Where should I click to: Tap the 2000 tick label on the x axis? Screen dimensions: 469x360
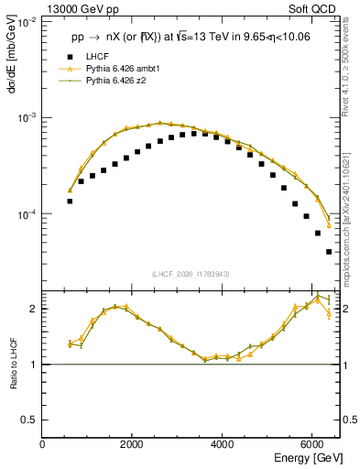tap(133, 444)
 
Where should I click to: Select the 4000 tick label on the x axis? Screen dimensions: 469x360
tap(223, 444)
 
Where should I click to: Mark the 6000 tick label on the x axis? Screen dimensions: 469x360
tap(312, 444)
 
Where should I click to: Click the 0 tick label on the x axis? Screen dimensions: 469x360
tap(43, 444)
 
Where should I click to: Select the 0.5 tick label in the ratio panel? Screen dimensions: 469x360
tap(29, 420)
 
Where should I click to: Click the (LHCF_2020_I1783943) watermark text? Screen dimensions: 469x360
tap(190, 273)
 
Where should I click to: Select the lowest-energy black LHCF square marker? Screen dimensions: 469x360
tap(70, 201)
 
